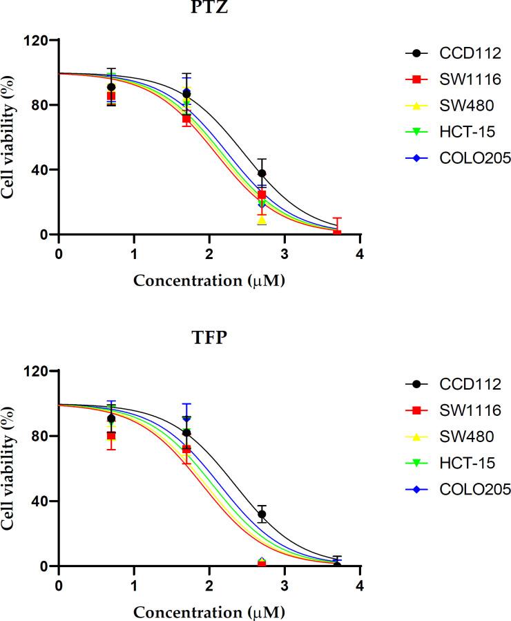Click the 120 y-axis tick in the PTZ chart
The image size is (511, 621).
pyautogui.click(x=38, y=40)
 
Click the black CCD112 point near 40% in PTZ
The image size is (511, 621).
pyautogui.click(x=262, y=173)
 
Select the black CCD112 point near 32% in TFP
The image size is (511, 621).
pyautogui.click(x=262, y=514)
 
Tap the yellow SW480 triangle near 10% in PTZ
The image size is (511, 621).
pyautogui.click(x=262, y=220)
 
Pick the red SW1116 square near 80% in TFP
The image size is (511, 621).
pyautogui.click(x=111, y=436)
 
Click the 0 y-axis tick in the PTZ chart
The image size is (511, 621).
pyautogui.click(x=44, y=235)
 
